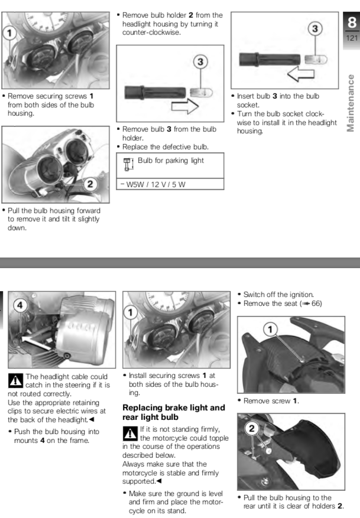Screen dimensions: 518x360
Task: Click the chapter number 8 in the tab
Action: pos(351,23)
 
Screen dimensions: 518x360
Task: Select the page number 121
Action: pos(351,37)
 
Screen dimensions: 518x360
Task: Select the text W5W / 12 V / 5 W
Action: pos(154,184)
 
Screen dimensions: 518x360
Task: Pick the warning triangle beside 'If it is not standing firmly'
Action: pos(129,432)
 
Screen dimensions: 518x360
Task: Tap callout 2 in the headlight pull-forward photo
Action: pos(90,184)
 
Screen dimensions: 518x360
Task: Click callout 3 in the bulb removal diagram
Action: pos(202,61)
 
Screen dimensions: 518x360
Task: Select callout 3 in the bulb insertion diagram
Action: pos(316,28)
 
